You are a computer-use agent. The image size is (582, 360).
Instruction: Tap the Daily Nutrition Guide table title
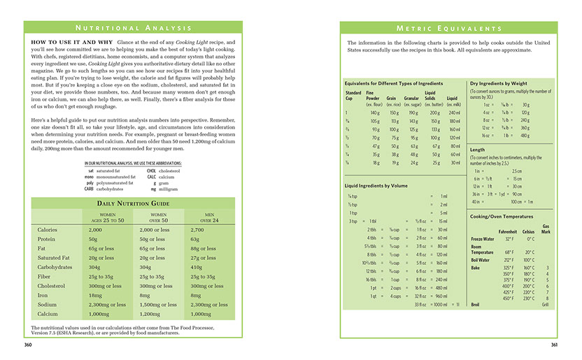134,203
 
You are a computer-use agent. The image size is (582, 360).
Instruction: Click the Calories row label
48,230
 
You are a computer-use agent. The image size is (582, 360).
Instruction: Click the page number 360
28,345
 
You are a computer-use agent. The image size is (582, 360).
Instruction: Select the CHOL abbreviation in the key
151,171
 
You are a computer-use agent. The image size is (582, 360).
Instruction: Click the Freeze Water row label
483,239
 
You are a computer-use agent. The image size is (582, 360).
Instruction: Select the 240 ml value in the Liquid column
455,113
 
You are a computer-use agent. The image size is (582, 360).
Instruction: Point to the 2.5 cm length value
516,171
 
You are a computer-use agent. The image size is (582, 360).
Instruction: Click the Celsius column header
528,231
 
